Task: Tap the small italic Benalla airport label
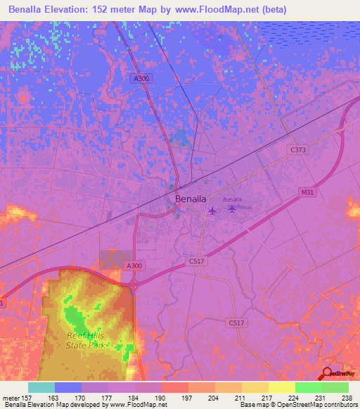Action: pos(232,200)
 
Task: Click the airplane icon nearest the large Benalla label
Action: pos(212,209)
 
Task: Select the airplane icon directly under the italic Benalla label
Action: pos(232,208)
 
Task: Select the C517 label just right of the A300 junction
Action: pos(197,261)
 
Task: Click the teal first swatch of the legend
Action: pos(41,387)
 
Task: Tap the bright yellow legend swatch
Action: pos(281,387)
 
